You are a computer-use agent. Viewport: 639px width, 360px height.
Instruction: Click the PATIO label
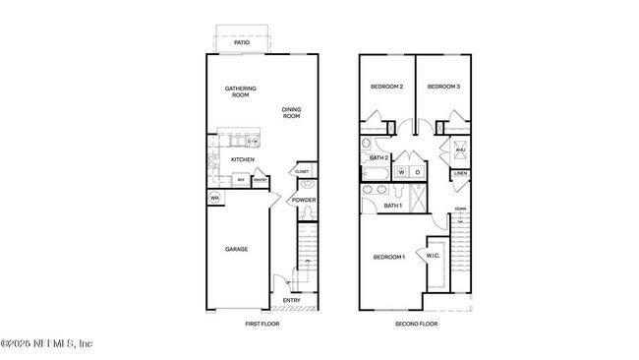(242, 43)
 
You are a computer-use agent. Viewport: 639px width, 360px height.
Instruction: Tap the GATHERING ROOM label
(239, 91)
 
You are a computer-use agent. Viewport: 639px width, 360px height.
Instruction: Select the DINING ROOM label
(291, 113)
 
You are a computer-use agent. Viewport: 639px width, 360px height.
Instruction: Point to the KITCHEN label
(243, 159)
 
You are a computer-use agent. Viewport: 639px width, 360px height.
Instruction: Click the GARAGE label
(236, 249)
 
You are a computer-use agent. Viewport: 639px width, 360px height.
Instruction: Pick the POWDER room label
(303, 200)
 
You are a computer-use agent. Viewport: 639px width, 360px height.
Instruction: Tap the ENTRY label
(292, 300)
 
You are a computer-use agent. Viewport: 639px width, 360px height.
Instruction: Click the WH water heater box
(213, 198)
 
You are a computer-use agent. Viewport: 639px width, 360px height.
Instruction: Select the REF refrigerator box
(241, 180)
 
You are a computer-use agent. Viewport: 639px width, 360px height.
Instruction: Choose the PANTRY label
(261, 180)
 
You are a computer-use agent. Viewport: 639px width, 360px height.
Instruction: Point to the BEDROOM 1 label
(388, 257)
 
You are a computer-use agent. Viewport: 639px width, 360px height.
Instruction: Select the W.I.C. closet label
(434, 257)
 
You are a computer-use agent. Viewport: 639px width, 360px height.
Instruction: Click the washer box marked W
(402, 172)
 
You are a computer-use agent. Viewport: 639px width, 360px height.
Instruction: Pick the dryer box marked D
(417, 172)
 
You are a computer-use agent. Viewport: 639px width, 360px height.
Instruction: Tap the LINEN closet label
(460, 174)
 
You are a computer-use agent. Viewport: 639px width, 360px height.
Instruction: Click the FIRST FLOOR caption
(262, 323)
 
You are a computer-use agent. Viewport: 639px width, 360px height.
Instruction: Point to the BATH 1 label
(392, 206)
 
